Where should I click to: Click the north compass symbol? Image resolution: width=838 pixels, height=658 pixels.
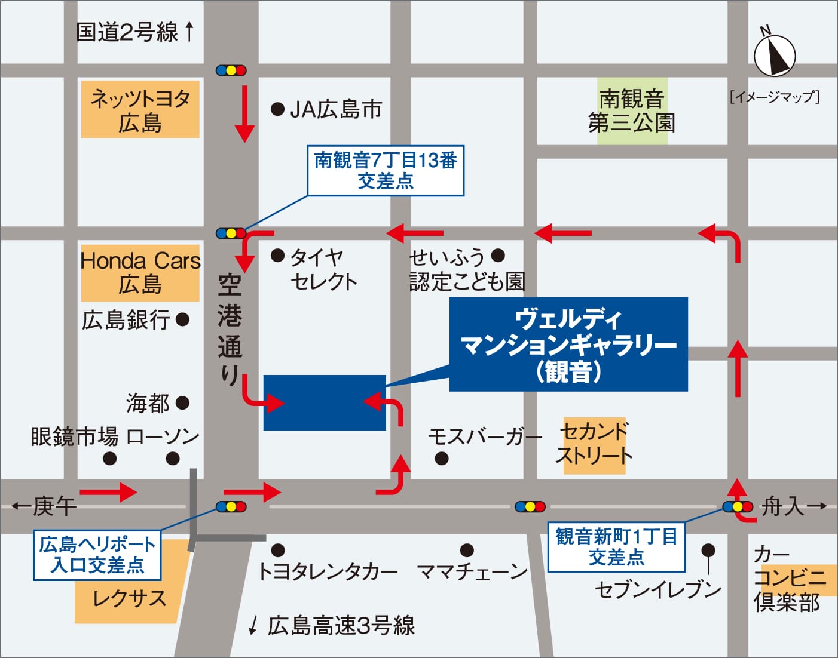775,56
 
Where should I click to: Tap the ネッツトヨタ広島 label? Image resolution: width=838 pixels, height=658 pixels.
140,110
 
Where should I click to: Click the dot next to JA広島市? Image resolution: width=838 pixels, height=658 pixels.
277,109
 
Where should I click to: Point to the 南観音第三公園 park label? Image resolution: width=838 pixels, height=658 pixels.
632,111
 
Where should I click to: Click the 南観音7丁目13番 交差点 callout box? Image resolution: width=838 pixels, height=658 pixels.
386,171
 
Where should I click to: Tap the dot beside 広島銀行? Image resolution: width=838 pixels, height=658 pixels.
183,320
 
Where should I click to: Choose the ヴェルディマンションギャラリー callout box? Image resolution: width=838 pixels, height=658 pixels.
568,345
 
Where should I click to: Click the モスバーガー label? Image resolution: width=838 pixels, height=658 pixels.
484,437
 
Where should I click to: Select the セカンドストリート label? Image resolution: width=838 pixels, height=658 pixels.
594,445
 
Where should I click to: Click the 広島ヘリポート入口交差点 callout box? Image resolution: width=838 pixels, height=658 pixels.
97,555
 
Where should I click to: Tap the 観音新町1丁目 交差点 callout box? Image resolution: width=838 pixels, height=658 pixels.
616,547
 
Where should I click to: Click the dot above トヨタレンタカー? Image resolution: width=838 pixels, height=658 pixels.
278,550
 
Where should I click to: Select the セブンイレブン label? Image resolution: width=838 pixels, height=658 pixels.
657,590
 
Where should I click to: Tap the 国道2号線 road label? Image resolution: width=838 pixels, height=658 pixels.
127,32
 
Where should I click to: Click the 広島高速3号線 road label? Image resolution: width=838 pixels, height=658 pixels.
341,626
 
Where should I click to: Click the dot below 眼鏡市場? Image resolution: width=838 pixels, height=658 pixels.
109,459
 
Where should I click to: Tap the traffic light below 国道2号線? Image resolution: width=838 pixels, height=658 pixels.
231,70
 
